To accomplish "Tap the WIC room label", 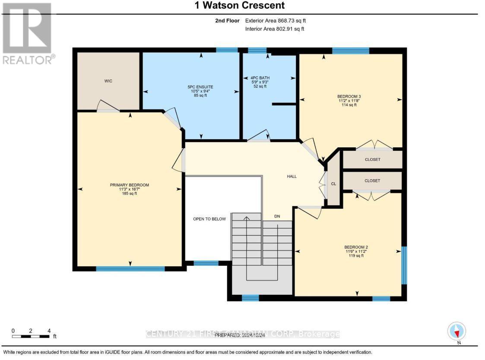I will click(108, 81).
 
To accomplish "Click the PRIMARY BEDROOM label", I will click(129, 185).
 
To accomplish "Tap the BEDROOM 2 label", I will click(356, 247).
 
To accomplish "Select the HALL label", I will click(292, 176).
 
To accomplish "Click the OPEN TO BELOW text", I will click(209, 219).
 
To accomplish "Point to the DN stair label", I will click(277, 216).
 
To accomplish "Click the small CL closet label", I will click(333, 184).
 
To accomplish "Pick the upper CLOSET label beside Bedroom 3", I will click(372, 159).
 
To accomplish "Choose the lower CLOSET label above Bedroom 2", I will click(372, 181).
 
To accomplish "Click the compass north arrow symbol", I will click(456, 331).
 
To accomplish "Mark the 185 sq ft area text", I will click(129, 194).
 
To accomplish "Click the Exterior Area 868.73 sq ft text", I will click(276, 20).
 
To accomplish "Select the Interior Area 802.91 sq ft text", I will click(275, 29).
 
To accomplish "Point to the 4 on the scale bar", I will click(49, 331).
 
